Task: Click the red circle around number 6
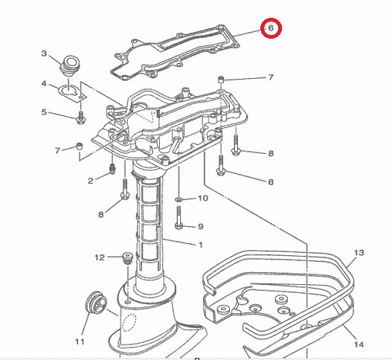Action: [x=271, y=28]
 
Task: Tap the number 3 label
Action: [x=44, y=54]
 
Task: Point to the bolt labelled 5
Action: [x=80, y=116]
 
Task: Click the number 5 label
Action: [x=44, y=112]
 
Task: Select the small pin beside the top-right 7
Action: [x=221, y=78]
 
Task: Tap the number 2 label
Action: [x=90, y=180]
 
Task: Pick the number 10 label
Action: [x=202, y=199]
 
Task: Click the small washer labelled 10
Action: [x=180, y=199]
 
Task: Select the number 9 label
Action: [x=200, y=225]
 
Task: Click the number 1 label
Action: [x=200, y=245]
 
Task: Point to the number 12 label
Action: [x=99, y=257]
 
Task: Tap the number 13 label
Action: [x=359, y=254]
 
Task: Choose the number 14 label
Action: [x=359, y=344]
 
